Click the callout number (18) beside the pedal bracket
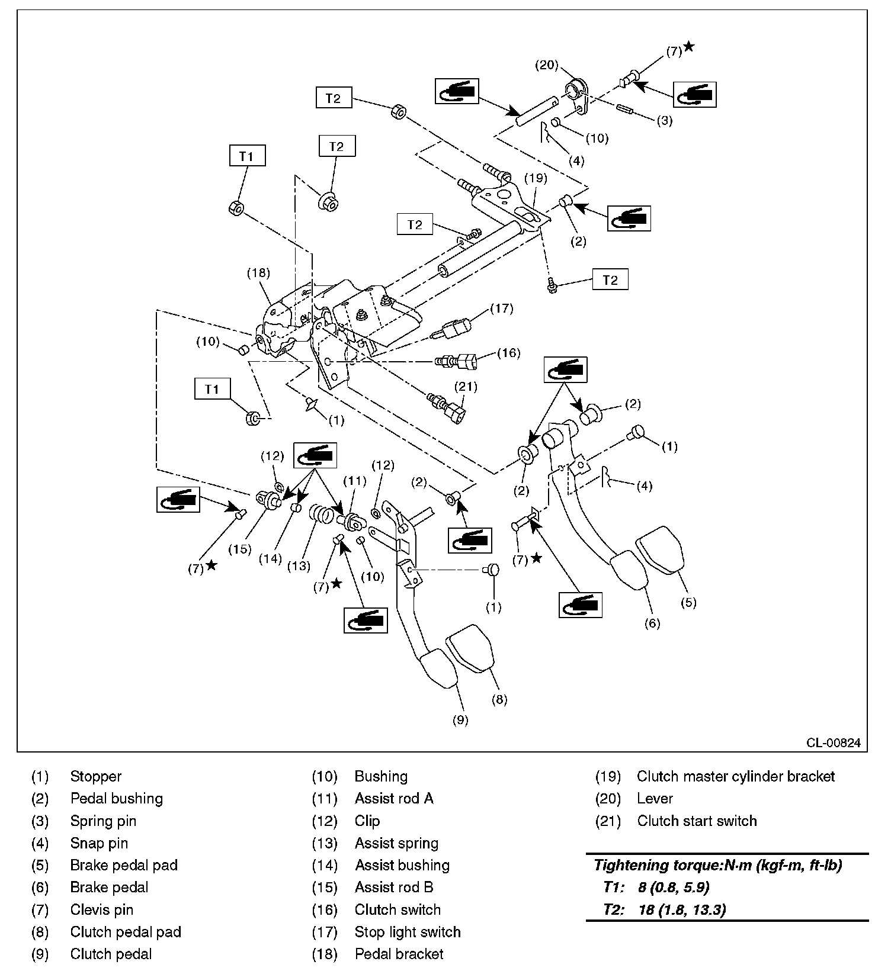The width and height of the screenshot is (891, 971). (258, 273)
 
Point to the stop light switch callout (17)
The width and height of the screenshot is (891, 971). (502, 308)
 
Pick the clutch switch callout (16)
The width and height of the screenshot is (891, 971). (508, 353)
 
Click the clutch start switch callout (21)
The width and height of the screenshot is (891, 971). (466, 387)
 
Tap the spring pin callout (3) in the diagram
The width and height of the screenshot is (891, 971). (665, 121)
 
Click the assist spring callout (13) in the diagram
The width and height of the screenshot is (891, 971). (299, 566)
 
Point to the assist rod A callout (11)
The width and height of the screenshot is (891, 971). (355, 481)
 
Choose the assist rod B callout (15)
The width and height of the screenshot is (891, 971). (240, 549)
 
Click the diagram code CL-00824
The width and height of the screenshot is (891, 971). (833, 743)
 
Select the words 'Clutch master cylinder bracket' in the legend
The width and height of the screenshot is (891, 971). (735, 776)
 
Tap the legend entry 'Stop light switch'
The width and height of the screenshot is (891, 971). (408, 932)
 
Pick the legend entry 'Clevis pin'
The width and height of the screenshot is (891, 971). (101, 909)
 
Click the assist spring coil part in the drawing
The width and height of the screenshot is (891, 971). (321, 513)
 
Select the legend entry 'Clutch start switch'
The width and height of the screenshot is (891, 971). (697, 821)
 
